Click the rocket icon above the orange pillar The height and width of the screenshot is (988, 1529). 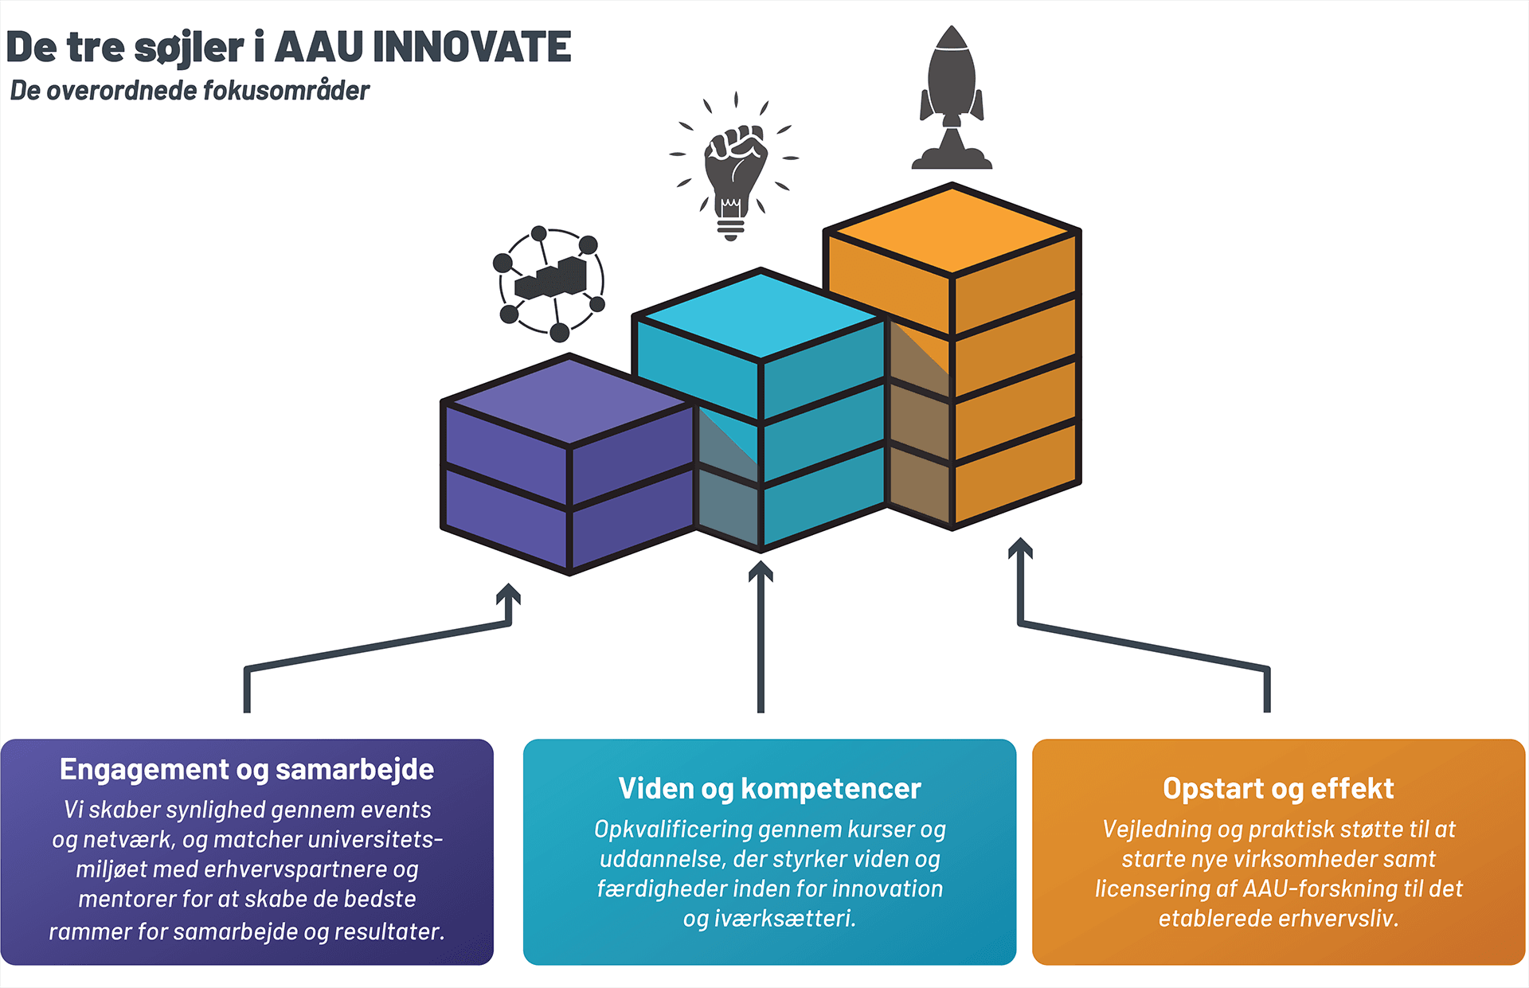tap(952, 99)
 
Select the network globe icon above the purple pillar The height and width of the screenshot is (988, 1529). tap(549, 283)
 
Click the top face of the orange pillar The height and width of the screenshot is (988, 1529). tap(952, 230)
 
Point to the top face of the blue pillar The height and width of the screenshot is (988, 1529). tap(761, 314)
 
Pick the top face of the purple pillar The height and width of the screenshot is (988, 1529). tap(569, 400)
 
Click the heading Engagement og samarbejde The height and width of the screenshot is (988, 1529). tap(247, 770)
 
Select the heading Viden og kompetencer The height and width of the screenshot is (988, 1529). tap(769, 789)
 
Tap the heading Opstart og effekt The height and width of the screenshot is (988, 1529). tap(1278, 789)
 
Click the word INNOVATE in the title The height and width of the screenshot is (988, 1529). tap(471, 48)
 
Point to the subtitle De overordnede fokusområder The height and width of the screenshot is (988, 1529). tap(190, 91)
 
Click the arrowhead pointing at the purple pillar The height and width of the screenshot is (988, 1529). tap(508, 595)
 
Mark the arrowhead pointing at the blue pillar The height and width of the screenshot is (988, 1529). tap(761, 572)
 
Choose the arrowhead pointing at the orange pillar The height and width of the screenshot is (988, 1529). tap(1020, 549)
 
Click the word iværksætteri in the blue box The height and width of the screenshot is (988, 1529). tap(784, 919)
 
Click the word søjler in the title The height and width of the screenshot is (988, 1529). tap(189, 48)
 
